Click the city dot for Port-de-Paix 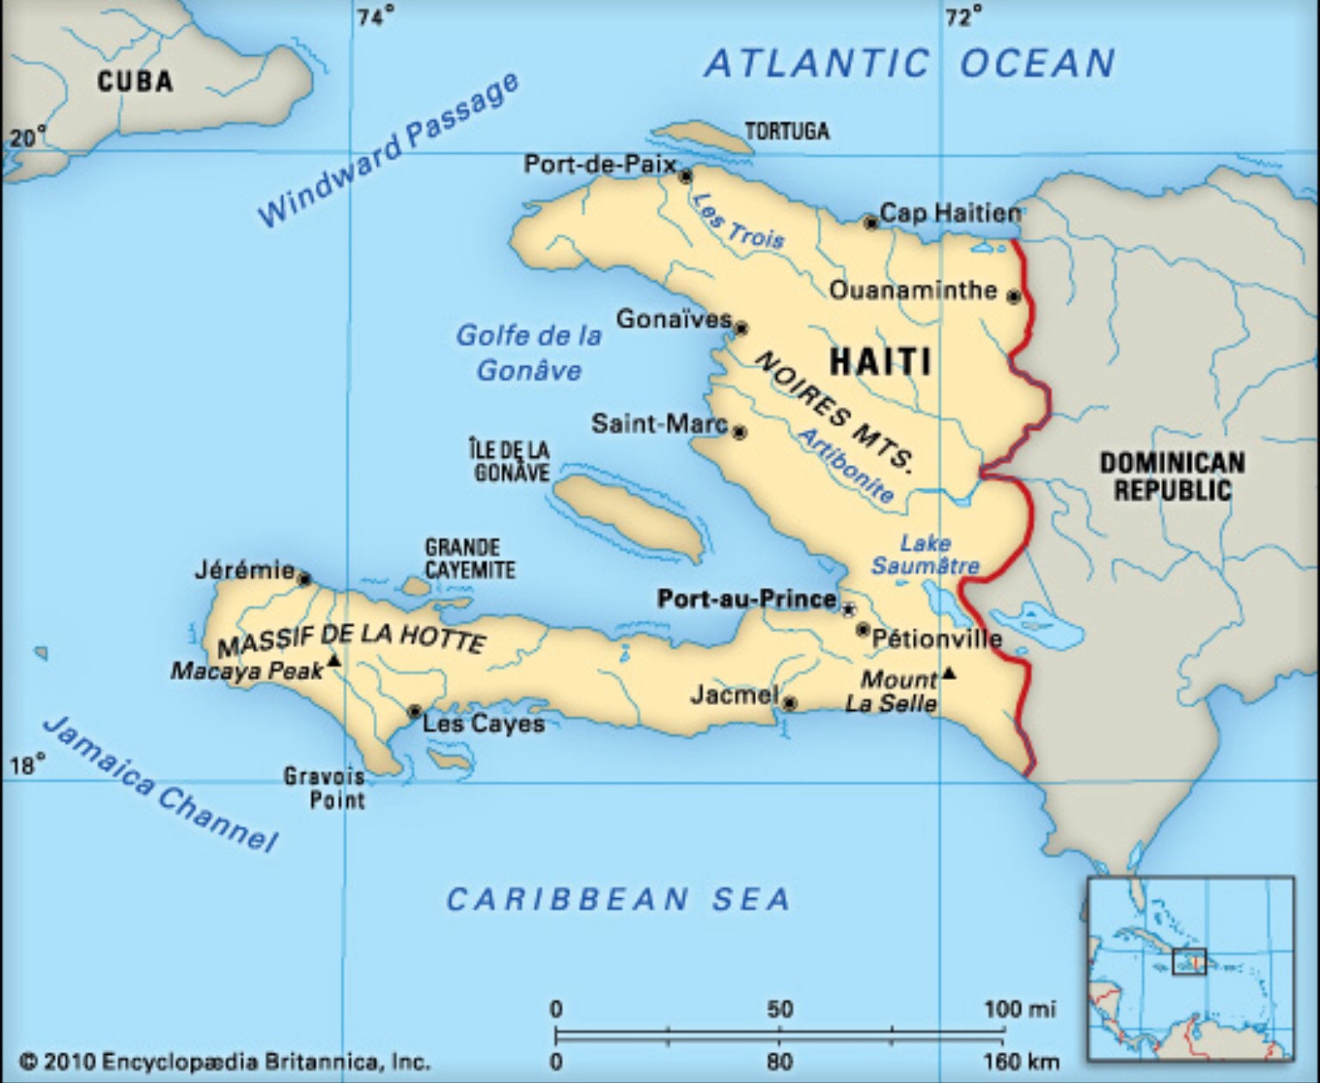click(685, 176)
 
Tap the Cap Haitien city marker click(871, 223)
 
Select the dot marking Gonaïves click(741, 328)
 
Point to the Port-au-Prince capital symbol click(848, 609)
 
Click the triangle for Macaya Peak click(334, 660)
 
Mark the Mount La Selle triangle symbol click(949, 673)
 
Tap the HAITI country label click(881, 361)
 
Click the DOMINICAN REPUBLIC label click(1172, 476)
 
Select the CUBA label click(135, 82)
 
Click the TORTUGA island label click(786, 132)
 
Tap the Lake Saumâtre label click(925, 554)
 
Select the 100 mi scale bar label click(1019, 1008)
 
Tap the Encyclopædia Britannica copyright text click(223, 1062)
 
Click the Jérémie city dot click(303, 578)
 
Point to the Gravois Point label click(326, 788)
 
